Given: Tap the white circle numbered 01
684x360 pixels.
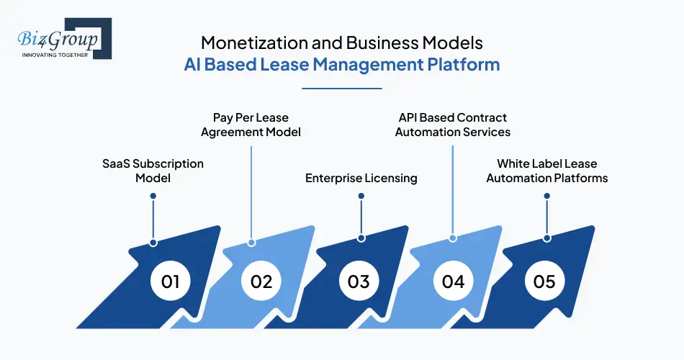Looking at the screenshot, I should click(170, 281).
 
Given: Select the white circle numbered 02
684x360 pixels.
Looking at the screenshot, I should click(261, 281).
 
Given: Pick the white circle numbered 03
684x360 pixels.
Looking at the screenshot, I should click(359, 281).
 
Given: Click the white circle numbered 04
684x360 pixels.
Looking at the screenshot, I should click(453, 281).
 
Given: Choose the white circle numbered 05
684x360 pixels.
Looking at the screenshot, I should click(545, 281).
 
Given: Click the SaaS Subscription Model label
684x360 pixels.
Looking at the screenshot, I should click(153, 171).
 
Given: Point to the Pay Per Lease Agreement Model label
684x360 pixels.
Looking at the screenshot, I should click(251, 125).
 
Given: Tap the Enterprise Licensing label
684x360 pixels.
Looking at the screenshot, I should click(361, 178).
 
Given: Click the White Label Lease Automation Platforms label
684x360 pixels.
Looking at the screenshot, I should click(547, 171).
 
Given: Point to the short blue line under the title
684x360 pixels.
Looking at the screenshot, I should click(341, 89).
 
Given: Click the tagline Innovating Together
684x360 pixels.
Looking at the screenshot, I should click(55, 55).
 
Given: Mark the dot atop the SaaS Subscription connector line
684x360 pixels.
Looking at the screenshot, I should click(153, 195).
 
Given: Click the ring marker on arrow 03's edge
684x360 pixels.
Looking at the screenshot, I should click(361, 238).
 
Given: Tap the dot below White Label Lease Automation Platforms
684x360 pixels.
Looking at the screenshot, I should click(547, 195).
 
